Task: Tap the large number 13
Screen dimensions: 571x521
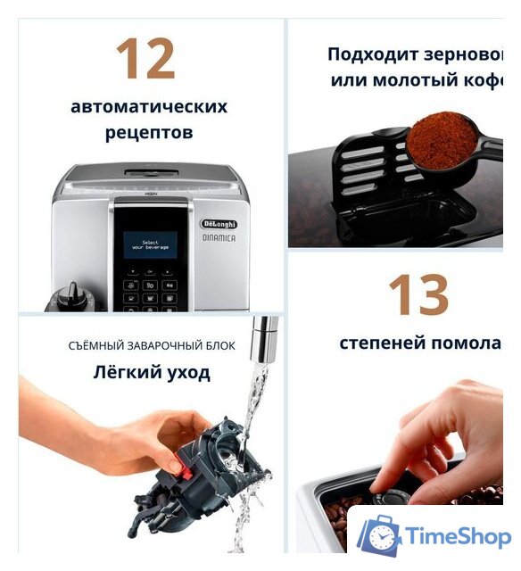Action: click(417, 295)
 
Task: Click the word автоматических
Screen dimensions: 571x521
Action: click(149, 107)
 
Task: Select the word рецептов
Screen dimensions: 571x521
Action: click(149, 134)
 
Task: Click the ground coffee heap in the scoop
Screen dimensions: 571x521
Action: click(439, 140)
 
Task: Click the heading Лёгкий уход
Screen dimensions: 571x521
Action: click(152, 372)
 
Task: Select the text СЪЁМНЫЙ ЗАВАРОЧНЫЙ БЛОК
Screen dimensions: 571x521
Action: click(152, 346)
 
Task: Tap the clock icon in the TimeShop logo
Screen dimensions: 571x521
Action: click(382, 538)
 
